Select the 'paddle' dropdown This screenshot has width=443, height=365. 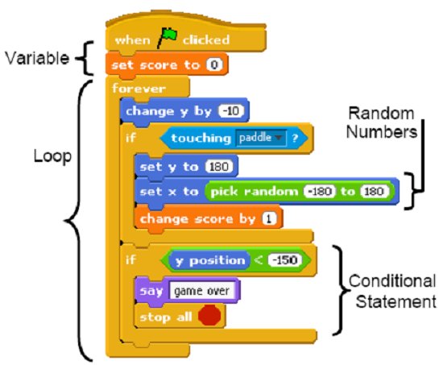[261, 139]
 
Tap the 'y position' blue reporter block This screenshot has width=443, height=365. [210, 260]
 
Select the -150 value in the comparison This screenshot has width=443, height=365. [286, 260]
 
